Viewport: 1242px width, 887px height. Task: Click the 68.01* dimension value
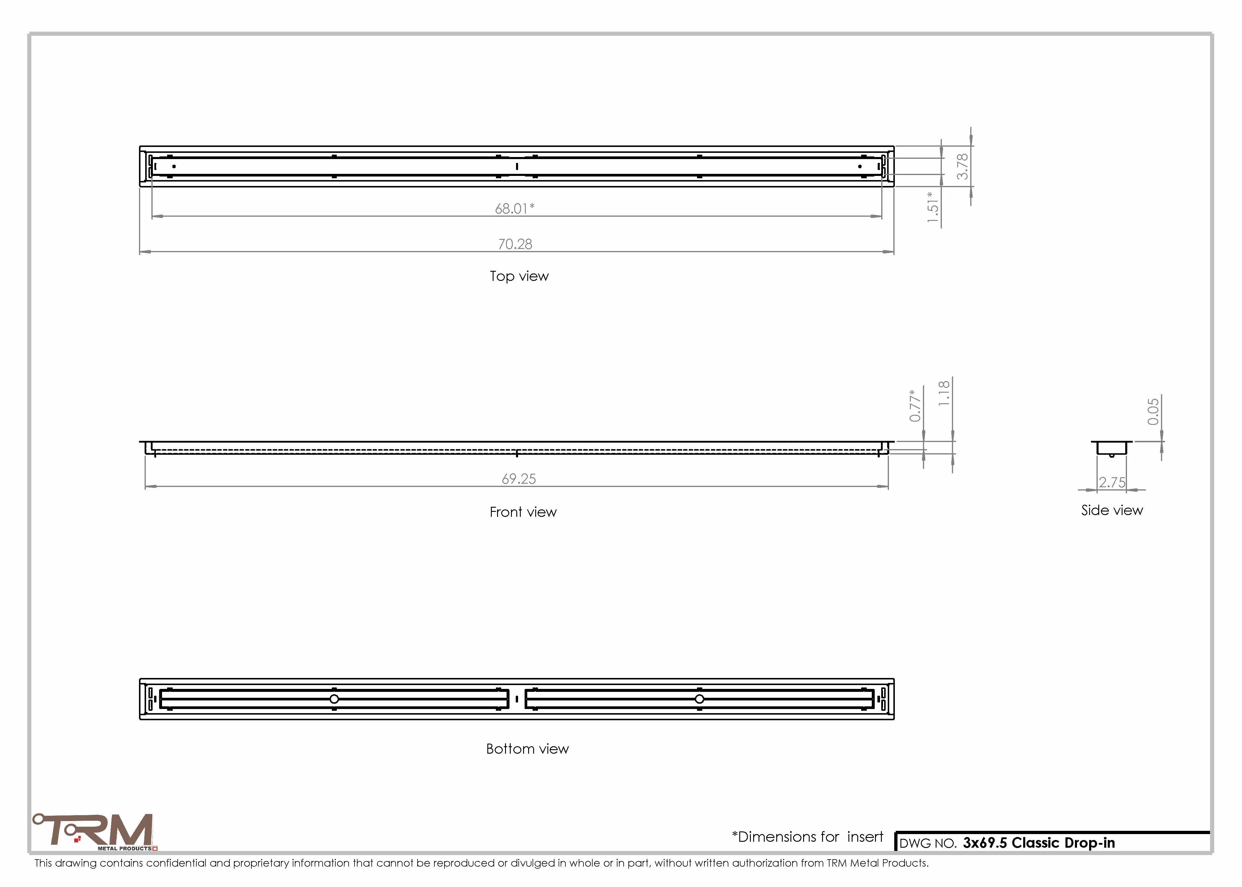tap(515, 209)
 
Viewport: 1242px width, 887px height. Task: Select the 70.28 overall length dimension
tap(515, 244)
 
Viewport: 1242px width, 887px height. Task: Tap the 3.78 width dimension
tap(962, 166)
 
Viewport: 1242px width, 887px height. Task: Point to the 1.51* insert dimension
tap(933, 206)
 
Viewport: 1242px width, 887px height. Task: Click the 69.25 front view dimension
tap(519, 479)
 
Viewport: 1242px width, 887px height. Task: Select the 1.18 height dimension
tap(944, 393)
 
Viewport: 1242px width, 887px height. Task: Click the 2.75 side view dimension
tap(1112, 482)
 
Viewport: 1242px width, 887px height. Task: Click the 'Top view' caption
tap(519, 276)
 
